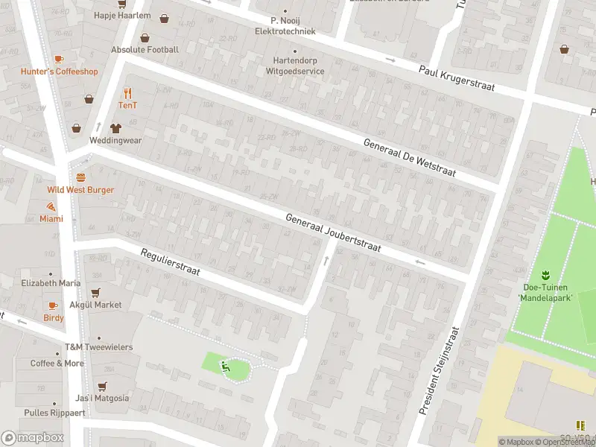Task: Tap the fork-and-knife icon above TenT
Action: click(127, 92)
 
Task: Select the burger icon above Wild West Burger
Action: click(80, 177)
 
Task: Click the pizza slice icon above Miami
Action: click(51, 206)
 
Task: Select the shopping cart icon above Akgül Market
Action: click(95, 293)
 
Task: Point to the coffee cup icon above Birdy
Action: click(52, 305)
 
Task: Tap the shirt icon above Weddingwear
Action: click(115, 127)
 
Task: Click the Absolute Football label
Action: click(145, 49)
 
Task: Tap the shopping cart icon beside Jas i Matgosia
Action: click(102, 386)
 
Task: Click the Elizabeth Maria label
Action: click(51, 283)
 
